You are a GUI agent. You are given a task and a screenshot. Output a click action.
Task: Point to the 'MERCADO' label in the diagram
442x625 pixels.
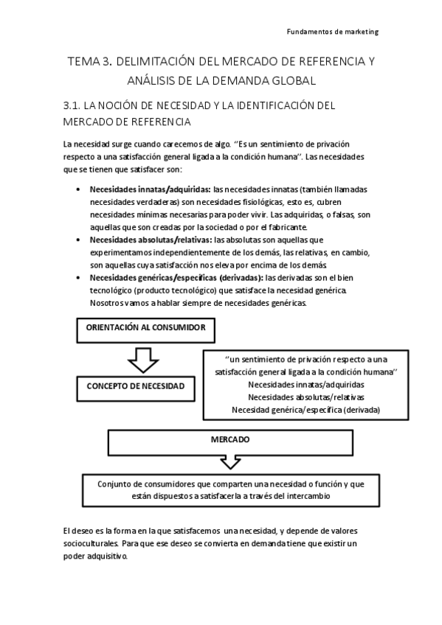pyautogui.click(x=229, y=439)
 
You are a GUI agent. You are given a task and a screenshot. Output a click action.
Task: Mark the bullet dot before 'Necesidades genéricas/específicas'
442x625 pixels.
pyautogui.click(x=79, y=278)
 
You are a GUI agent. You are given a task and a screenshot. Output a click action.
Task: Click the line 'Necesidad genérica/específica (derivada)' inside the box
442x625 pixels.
pyautogui.click(x=305, y=409)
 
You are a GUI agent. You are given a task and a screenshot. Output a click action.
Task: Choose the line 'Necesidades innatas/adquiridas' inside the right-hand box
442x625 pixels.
pyautogui.click(x=305, y=385)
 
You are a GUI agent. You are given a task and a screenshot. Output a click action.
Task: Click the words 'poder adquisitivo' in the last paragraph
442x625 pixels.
pyautogui.click(x=95, y=556)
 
